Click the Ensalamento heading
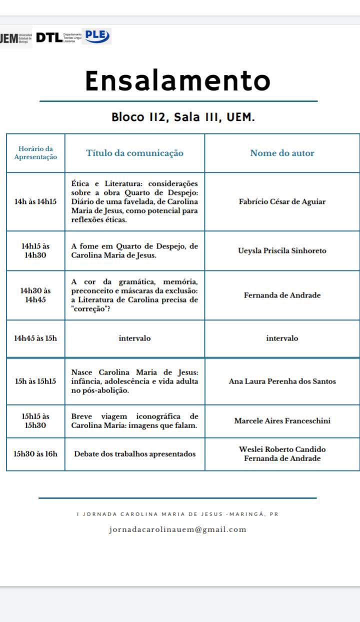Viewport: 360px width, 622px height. (x=177, y=80)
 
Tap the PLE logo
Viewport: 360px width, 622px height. (x=96, y=36)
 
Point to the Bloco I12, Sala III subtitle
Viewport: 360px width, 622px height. (x=183, y=117)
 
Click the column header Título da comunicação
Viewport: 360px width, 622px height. (x=134, y=153)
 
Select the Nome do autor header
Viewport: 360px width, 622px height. (x=282, y=153)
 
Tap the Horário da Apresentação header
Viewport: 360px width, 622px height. (x=35, y=152)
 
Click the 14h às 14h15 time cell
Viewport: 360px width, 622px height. (x=35, y=201)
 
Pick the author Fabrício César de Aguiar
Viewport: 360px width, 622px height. (x=282, y=201)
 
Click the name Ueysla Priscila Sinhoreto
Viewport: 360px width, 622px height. (x=282, y=250)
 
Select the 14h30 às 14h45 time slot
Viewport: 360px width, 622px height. (x=35, y=295)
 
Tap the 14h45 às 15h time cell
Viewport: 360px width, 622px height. (x=35, y=338)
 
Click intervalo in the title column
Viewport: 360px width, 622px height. (x=134, y=338)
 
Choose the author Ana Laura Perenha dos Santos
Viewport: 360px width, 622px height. (x=282, y=381)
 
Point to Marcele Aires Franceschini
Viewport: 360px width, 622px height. (x=282, y=420)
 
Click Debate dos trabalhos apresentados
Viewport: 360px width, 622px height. (x=134, y=454)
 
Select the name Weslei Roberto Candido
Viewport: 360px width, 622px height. (x=282, y=449)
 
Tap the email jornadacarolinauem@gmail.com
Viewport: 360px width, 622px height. (x=177, y=529)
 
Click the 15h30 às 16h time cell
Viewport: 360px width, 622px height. (x=35, y=454)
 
